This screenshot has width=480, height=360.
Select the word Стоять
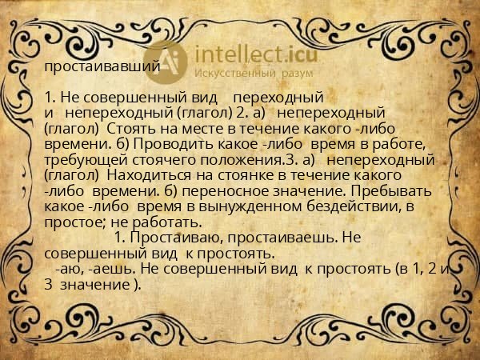coord(128,128)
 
